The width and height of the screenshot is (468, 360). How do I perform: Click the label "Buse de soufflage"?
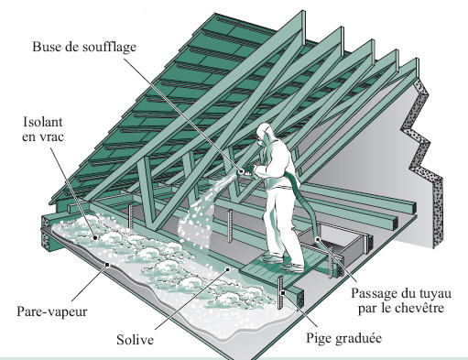tap(84, 47)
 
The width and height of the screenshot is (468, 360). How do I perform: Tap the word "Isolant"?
tap(43, 122)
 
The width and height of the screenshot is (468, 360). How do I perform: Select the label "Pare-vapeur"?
tap(52, 311)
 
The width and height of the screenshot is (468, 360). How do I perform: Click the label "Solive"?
tap(135, 340)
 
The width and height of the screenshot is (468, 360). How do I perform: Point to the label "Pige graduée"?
tap(344, 338)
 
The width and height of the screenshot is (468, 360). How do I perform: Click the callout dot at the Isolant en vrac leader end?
tap(95, 237)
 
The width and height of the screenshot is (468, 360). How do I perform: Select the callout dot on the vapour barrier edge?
tap(107, 265)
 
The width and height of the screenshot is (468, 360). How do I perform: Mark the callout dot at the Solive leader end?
tap(228, 269)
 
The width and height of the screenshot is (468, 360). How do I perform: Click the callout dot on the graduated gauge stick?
tap(283, 293)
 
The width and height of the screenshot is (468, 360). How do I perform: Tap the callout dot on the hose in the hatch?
tap(318, 239)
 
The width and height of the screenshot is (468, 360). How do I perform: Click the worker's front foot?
tap(292, 268)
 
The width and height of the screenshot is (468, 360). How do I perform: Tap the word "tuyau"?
tap(436, 294)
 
